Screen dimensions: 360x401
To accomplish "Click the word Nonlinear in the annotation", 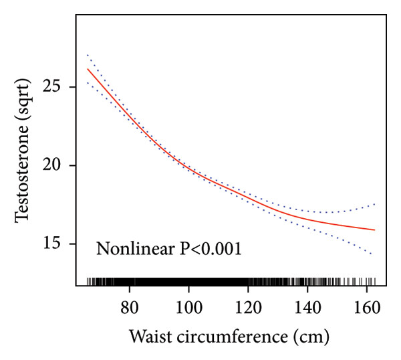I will [x=132, y=250].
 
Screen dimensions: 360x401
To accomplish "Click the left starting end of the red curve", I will [x=88, y=69].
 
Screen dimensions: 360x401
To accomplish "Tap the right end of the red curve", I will [x=375, y=230].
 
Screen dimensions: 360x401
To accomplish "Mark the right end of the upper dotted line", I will [x=375, y=204].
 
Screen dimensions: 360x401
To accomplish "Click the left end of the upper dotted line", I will [x=88, y=55].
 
